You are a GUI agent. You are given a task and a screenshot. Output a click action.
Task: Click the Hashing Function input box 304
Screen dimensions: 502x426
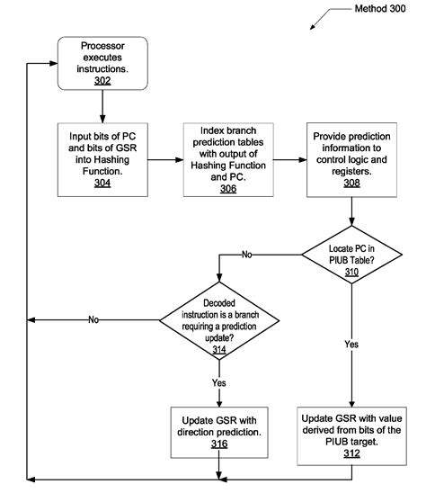coord(102,159)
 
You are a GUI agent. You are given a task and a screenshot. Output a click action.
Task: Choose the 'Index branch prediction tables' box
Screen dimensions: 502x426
coord(227,159)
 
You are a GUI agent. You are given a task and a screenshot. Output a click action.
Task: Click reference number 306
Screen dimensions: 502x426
coord(227,187)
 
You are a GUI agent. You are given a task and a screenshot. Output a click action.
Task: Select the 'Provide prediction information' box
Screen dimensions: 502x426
coord(352,159)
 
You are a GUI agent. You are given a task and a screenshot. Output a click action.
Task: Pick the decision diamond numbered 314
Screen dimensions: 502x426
coord(218,319)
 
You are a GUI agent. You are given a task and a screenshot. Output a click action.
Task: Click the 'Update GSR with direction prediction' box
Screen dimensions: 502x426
coord(218,429)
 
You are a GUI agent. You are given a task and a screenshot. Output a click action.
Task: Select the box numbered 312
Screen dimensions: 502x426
coord(352,435)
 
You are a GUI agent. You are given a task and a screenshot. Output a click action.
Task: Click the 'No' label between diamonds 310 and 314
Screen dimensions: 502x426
coord(247,255)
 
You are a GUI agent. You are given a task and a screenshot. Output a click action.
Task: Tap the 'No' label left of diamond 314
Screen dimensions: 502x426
coord(93,319)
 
